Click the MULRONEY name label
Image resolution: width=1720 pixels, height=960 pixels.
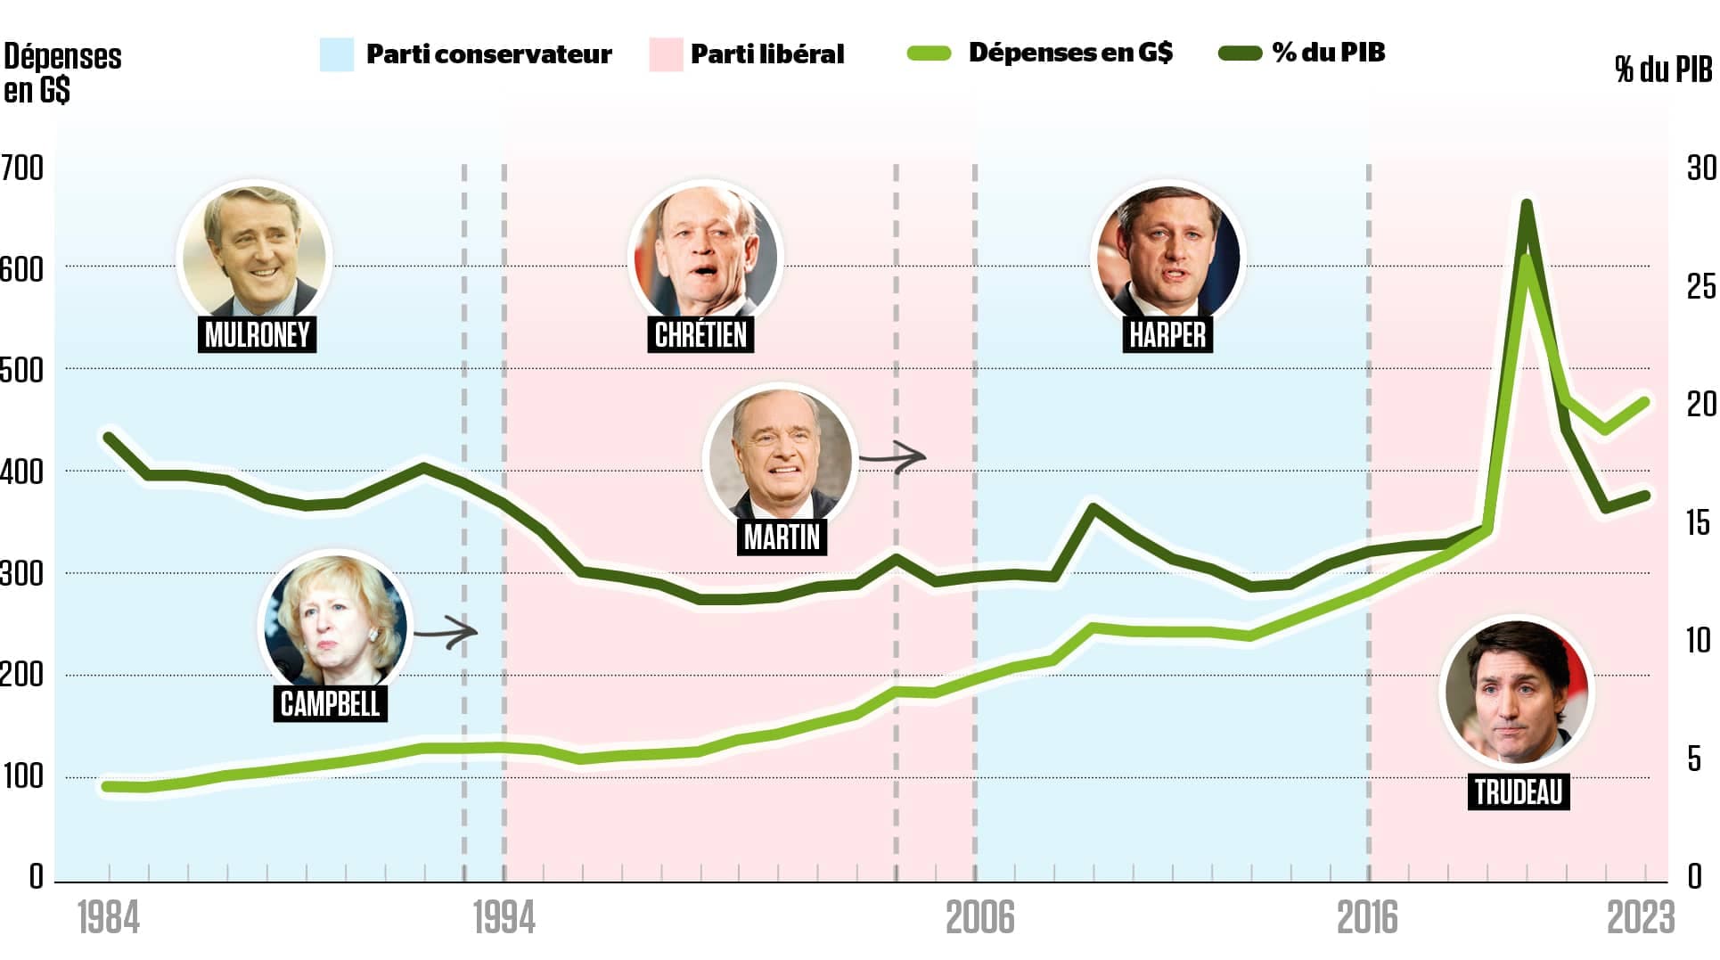point(257,334)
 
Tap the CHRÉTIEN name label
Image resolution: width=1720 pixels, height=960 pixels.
point(700,334)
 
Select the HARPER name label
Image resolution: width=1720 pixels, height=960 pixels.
point(1167,334)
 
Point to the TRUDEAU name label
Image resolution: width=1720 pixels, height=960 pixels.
point(1519,792)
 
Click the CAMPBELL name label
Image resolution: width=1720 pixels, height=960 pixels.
point(330,703)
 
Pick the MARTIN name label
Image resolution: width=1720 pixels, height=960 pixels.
point(782,537)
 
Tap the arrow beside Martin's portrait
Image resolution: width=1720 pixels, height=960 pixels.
point(894,457)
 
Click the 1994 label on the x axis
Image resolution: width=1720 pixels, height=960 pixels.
point(504,918)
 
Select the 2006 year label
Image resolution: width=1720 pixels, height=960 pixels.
point(979,918)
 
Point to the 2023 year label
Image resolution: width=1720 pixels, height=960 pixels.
point(1641,918)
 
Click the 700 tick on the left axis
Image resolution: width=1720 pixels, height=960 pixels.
point(21,168)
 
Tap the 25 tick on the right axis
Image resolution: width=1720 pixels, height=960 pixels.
point(1700,286)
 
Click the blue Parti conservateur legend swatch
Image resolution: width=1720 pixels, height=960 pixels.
point(337,54)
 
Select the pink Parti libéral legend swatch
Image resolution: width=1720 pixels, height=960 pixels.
point(666,54)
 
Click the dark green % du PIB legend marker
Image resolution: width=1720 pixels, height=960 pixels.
point(1240,53)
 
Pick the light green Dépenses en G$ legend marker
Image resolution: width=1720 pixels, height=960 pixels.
point(929,53)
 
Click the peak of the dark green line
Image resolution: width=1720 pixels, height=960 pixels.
point(1526,205)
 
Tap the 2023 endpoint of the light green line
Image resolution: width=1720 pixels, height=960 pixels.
point(1644,402)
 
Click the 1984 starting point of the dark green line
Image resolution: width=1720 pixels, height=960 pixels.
point(109,438)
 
